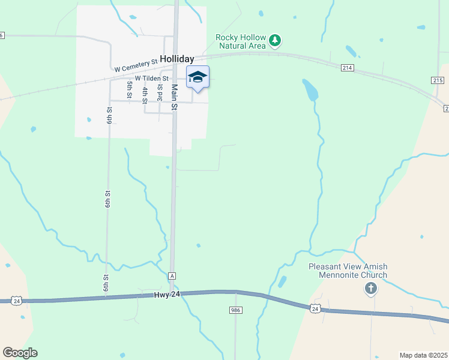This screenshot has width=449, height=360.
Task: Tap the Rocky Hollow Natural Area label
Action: tap(241, 41)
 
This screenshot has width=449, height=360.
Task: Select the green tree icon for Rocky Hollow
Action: tap(275, 40)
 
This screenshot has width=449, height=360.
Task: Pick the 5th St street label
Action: tap(129, 89)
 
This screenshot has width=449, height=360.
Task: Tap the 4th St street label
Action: tap(145, 95)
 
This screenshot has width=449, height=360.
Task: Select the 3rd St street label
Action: tap(160, 92)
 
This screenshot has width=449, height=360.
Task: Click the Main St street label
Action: tap(175, 97)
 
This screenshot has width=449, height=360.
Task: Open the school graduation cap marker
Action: tap(197, 77)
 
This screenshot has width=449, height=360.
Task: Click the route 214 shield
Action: tap(347, 68)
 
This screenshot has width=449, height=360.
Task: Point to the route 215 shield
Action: tap(437, 80)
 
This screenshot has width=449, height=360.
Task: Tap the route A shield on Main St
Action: tap(172, 275)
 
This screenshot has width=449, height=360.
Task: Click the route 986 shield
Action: tap(235, 310)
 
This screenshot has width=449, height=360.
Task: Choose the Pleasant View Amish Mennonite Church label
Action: tap(348, 271)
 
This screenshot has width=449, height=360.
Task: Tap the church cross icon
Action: tap(371, 289)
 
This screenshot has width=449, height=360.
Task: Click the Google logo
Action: tap(20, 353)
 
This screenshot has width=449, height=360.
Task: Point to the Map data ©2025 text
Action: tap(423, 355)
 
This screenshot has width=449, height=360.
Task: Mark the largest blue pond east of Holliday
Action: tap(310, 90)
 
